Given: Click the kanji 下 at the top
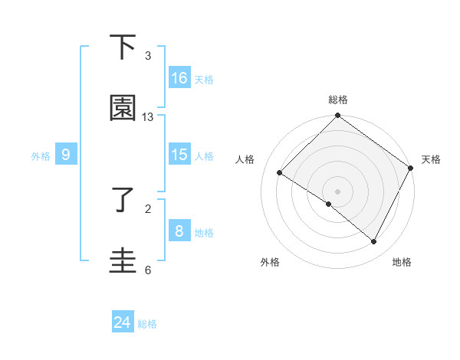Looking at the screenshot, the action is click(x=123, y=47).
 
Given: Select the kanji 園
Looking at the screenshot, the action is click(x=123, y=108).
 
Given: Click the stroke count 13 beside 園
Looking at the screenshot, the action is click(x=148, y=117).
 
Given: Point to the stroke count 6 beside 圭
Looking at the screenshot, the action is click(x=148, y=270).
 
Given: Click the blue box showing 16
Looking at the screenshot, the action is click(x=179, y=78).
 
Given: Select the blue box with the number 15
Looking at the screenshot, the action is click(x=179, y=155).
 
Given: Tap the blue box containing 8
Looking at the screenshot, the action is click(x=179, y=231).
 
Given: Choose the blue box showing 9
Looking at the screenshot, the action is click(x=66, y=155).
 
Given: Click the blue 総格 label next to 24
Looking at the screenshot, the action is click(x=147, y=324).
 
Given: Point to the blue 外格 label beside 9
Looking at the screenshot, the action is click(x=41, y=156).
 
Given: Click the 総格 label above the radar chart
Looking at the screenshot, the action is click(x=338, y=100).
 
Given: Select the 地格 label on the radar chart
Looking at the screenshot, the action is click(x=402, y=263).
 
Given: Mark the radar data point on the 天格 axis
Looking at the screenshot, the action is click(x=411, y=168).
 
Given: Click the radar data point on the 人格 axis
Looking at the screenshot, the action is click(x=280, y=173).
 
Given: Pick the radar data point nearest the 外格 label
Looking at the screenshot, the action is click(x=329, y=205).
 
